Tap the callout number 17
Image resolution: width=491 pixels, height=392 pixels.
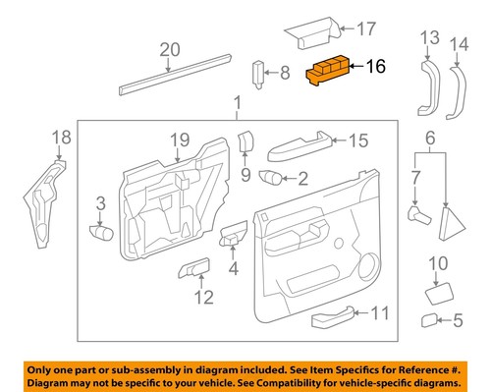click(x=366, y=28)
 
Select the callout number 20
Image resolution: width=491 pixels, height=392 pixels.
click(x=169, y=49)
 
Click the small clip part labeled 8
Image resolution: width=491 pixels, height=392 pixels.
click(x=260, y=72)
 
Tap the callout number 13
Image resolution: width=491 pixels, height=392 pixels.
click(x=429, y=38)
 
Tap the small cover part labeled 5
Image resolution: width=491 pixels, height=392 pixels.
click(x=431, y=318)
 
